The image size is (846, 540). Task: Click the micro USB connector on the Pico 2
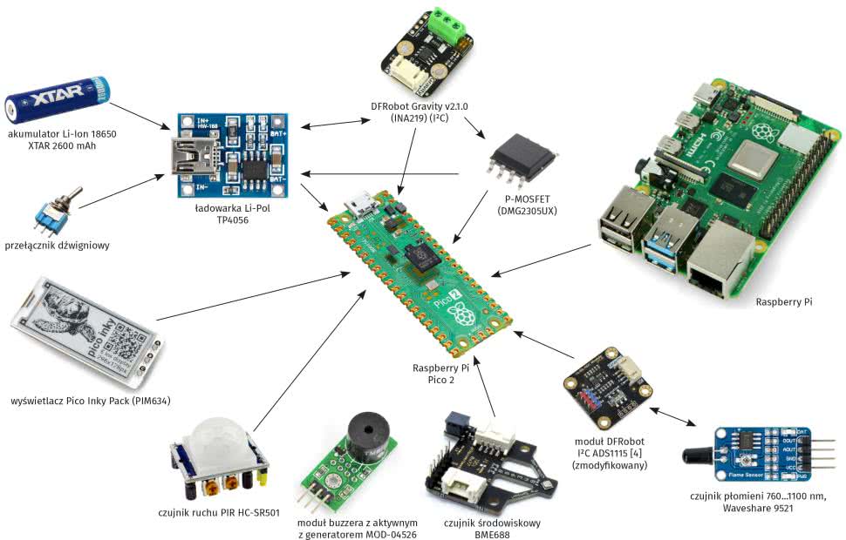click(360, 206)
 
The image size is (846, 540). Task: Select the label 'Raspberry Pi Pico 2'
click(447, 375)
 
